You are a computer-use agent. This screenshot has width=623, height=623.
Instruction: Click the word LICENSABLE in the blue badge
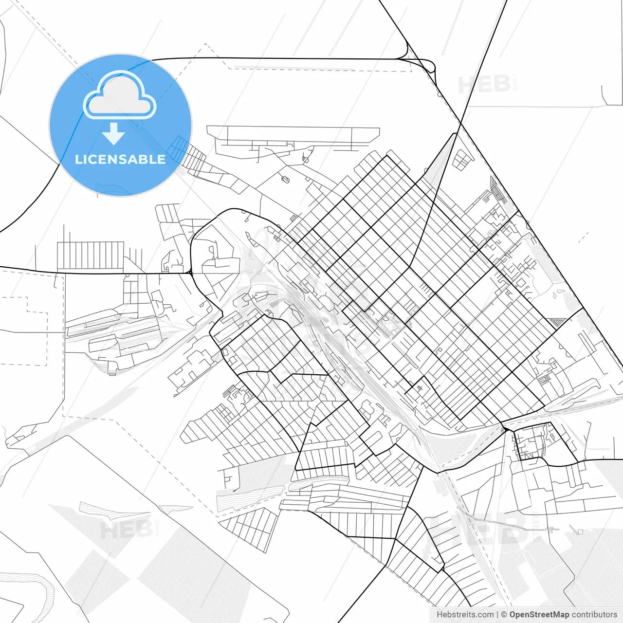(120, 160)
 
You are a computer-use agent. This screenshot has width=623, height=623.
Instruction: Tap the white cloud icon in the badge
(120, 96)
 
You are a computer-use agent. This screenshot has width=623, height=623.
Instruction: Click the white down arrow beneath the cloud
(114, 134)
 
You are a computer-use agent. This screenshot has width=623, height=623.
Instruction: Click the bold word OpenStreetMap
(539, 615)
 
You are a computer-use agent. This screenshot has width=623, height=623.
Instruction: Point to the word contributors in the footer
(594, 615)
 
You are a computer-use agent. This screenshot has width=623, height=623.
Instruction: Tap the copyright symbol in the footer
(504, 615)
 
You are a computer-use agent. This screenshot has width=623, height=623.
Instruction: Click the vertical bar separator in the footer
(498, 615)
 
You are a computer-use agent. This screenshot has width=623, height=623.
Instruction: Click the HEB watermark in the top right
(485, 85)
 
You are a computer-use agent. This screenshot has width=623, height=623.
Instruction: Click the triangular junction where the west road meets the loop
(190, 272)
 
